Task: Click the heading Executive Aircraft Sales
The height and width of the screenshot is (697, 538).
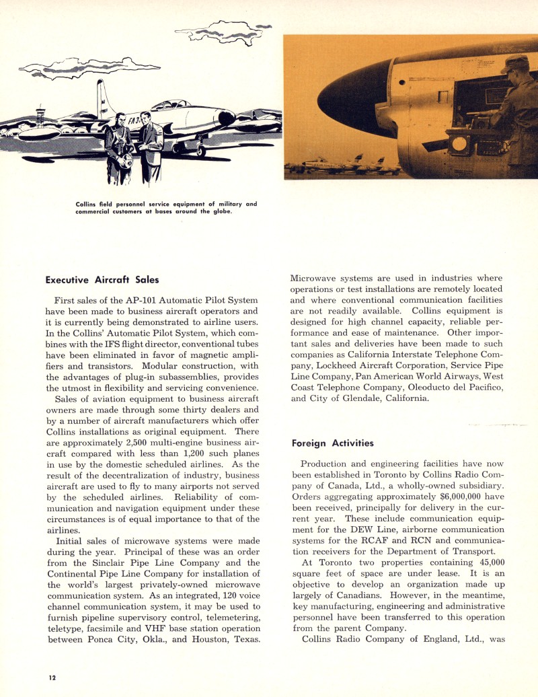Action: [102, 279]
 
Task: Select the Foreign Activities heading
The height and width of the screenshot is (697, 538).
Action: [333, 443]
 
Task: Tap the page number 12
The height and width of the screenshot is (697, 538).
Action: [51, 677]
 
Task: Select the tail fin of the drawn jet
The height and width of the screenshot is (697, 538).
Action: [102, 98]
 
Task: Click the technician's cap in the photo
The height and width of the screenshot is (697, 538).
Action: [514, 64]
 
